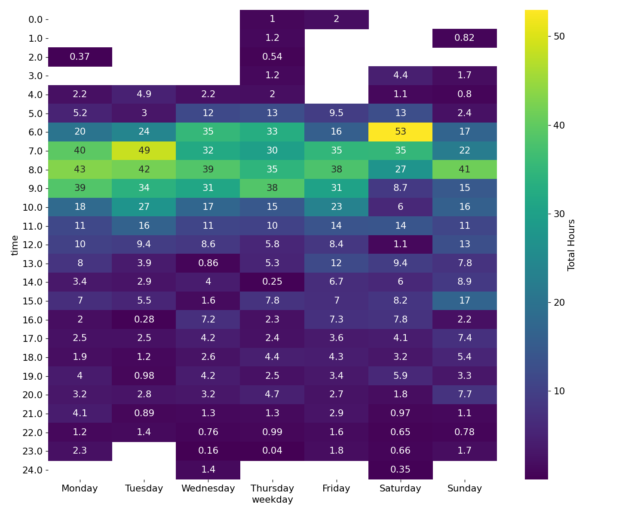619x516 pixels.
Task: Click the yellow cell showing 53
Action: pos(401,132)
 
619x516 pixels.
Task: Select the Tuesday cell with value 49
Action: pos(144,150)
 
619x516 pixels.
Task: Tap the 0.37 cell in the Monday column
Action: pos(80,57)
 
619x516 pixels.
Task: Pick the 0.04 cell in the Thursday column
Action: pos(272,451)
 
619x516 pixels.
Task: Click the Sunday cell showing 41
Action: pos(465,169)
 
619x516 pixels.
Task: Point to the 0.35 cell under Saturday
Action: pos(401,470)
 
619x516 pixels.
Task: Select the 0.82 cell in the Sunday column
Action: pos(465,38)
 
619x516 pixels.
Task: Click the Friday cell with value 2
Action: pos(337,19)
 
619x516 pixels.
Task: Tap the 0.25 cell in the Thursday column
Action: pos(272,282)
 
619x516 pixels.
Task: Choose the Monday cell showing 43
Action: pos(80,169)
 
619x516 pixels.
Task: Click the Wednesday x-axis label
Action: pos(208,488)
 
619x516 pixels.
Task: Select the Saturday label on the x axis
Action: pos(401,488)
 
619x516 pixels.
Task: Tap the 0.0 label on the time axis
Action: pos(35,19)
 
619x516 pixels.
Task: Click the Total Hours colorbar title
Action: pos(571,245)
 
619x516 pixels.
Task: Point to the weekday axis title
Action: pos(272,500)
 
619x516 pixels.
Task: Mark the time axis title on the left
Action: pos(15,245)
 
